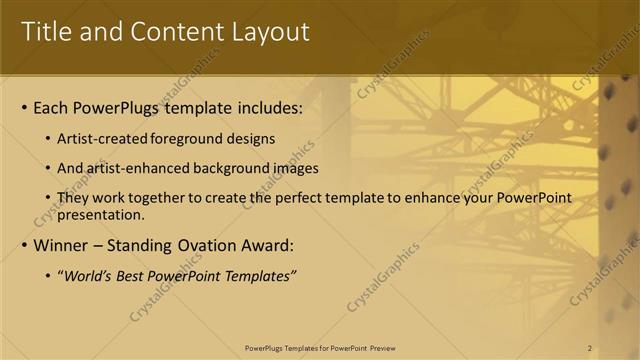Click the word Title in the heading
coord(48,32)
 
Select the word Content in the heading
coord(173,32)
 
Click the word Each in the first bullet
coord(52,108)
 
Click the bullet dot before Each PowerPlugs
coord(24,108)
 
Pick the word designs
coord(247,139)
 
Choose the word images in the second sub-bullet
coord(294,168)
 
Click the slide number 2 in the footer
coord(590,348)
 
